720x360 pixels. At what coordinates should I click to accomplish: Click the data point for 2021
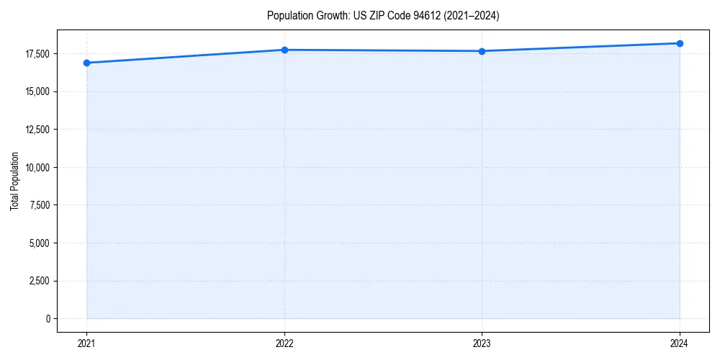(86, 63)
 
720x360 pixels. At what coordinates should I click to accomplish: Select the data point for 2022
(284, 50)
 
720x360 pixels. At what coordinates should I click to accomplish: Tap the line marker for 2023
(482, 51)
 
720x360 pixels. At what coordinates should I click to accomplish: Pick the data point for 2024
(680, 43)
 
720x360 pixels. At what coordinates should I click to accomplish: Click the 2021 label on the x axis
(86, 343)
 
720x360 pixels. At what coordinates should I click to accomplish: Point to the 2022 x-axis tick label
(284, 343)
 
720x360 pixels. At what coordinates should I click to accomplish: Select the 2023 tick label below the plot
(482, 343)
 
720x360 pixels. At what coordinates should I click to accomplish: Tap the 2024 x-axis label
(680, 343)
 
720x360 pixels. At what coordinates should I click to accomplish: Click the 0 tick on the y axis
(47, 319)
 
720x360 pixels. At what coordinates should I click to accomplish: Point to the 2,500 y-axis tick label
(40, 281)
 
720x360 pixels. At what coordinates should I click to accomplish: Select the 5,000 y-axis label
(40, 243)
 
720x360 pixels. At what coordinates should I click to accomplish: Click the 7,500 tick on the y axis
(40, 205)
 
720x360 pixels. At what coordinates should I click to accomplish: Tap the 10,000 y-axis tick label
(37, 168)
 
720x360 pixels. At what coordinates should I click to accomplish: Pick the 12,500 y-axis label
(37, 130)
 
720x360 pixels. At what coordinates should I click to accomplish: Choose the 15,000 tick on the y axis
(37, 91)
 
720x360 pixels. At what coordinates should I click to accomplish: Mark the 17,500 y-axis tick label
(37, 54)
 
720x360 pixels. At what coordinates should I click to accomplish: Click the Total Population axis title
(14, 181)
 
